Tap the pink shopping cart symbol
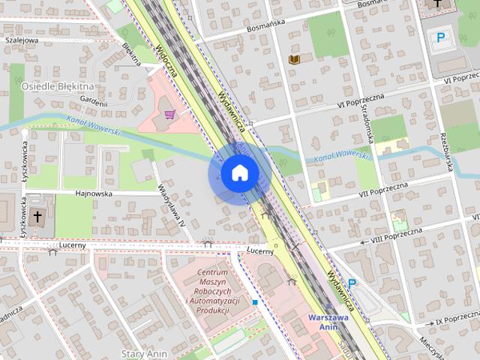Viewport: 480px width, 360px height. [171, 115]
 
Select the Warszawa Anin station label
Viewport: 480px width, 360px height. [328, 322]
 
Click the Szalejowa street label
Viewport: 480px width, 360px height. [22, 40]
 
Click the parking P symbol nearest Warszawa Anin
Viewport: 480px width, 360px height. [351, 284]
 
